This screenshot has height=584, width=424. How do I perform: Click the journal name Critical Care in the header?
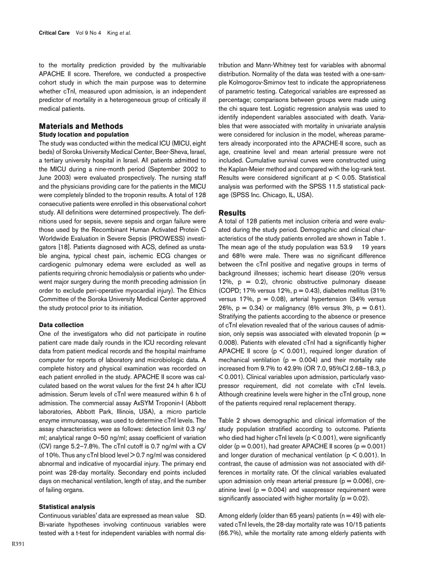point(54,33)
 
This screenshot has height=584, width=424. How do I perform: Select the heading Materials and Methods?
point(81,126)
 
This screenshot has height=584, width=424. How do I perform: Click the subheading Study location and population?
point(84,134)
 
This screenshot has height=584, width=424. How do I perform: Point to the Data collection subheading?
point(61,325)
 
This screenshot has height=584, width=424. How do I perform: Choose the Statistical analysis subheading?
point(67,506)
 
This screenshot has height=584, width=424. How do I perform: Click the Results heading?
point(232,213)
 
